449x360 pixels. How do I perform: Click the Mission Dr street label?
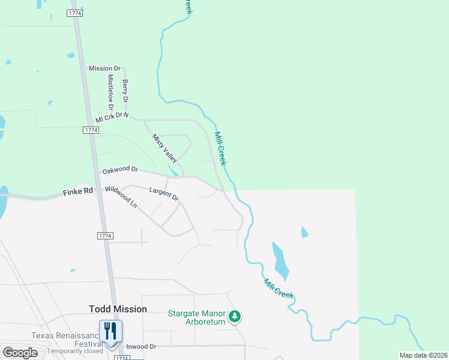pos(105,68)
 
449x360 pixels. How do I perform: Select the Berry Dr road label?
pos(126,90)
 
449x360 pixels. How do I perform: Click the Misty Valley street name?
pos(164,148)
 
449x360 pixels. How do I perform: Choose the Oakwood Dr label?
pos(120,171)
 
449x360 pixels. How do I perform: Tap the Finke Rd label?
pos(79,192)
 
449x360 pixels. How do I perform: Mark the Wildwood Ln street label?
pos(121,197)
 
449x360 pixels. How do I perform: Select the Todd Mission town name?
pos(118,309)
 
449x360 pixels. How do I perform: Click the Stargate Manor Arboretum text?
pos(196,317)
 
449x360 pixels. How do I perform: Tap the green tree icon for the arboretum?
pos(235,316)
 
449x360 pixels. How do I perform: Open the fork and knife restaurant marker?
pos(110,331)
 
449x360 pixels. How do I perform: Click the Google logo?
pos(19,353)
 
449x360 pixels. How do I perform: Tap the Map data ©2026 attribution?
pos(423,355)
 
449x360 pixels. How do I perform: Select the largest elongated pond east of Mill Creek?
pos(280,261)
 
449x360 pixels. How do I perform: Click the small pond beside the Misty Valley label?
pos(173,170)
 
